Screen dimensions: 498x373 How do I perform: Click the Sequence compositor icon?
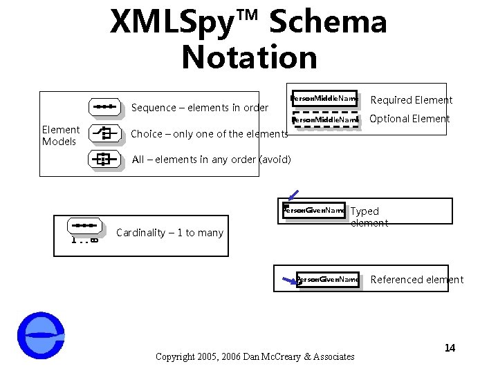coord(105,107)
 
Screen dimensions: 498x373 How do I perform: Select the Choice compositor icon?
coord(105,133)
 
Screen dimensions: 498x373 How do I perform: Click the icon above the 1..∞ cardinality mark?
coord(84,225)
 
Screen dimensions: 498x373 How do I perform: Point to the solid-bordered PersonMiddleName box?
coord(324,99)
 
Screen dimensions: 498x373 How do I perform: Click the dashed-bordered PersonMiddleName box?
coord(326,120)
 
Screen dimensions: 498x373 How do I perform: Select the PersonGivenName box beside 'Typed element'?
coord(315,210)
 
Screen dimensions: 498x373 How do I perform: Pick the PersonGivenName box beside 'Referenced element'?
coord(328,280)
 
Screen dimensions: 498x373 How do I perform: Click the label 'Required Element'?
coord(412,100)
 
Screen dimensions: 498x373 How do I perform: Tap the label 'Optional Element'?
coord(409,119)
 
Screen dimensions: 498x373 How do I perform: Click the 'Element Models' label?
coord(61,135)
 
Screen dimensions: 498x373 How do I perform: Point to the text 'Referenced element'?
coord(417,280)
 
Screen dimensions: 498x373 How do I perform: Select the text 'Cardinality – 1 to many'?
coord(169,233)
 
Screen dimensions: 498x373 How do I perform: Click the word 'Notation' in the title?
coord(249,57)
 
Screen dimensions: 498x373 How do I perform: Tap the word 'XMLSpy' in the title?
coord(181,22)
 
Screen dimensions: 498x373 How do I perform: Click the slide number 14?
coord(450,347)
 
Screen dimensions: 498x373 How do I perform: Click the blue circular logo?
coord(41,336)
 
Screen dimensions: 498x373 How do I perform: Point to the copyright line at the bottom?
coord(255,356)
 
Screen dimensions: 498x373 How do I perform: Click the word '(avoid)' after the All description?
coord(274,160)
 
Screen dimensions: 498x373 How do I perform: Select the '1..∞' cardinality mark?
coord(84,240)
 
